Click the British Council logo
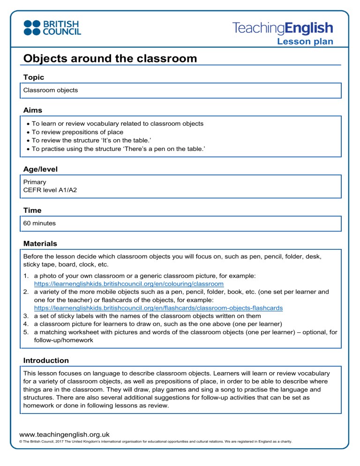52,27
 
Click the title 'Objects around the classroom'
110,59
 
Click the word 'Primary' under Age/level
34,181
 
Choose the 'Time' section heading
32,210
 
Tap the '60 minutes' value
39,223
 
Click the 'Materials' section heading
40,244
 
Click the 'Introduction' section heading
46,361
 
